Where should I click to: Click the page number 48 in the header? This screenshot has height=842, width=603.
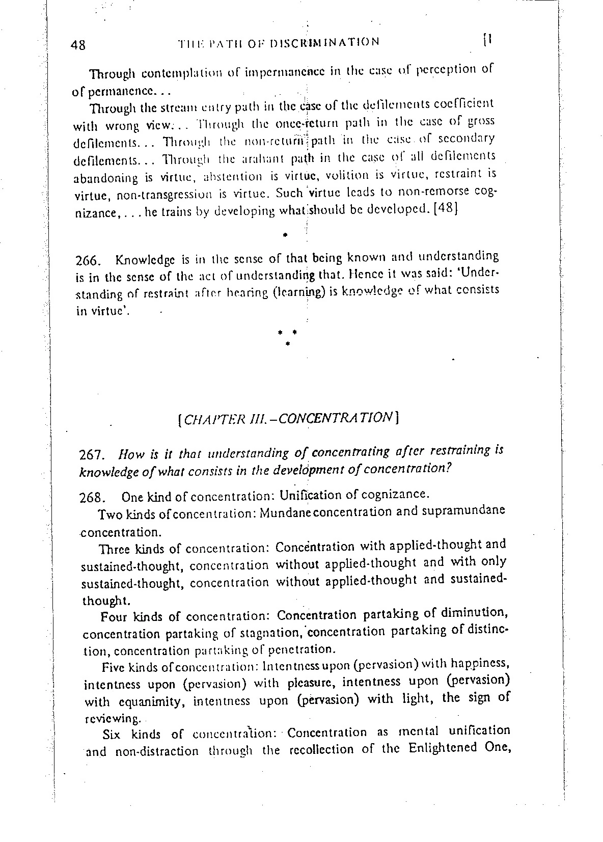pyautogui.click(x=78, y=45)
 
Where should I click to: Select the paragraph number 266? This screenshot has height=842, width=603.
pyautogui.click(x=90, y=262)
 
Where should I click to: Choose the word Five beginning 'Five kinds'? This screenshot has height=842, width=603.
pyautogui.click(x=113, y=667)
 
